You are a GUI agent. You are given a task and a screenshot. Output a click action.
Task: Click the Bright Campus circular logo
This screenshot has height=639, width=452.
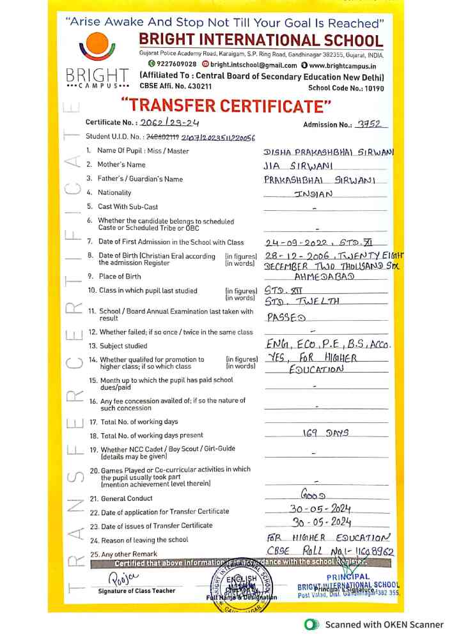pyautogui.click(x=98, y=49)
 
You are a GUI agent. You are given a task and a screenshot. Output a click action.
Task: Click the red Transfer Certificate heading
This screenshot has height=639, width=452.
pyautogui.click(x=226, y=105)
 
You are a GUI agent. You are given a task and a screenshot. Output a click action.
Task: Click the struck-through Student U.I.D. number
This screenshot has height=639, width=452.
pyautogui.click(x=162, y=137)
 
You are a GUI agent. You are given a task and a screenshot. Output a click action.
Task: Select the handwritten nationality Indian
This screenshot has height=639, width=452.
pyautogui.click(x=313, y=194)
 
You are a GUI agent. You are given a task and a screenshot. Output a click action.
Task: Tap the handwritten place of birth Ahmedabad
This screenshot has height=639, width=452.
pyautogui.click(x=325, y=277)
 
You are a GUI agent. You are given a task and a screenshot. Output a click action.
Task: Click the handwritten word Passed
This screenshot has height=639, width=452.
pyautogui.click(x=286, y=317)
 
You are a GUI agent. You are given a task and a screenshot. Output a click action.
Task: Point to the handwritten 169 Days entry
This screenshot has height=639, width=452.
pyautogui.click(x=325, y=433)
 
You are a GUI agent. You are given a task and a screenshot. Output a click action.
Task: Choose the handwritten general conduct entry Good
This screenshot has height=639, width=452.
pyautogui.click(x=313, y=495)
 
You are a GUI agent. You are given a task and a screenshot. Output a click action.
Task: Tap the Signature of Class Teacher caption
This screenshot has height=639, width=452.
pyautogui.click(x=136, y=590)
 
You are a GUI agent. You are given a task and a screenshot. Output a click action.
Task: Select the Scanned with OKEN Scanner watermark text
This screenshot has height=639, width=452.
pyautogui.click(x=384, y=624)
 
